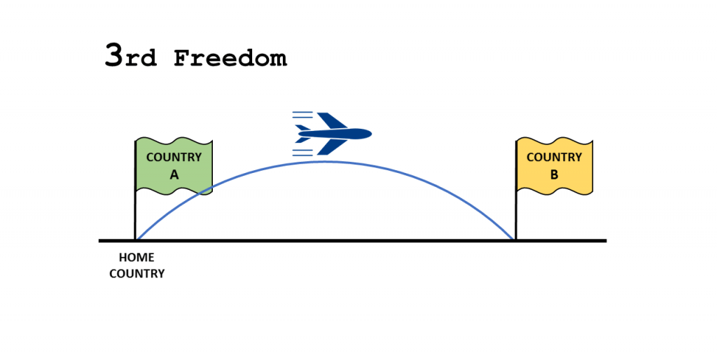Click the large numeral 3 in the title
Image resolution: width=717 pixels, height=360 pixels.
click(x=114, y=55)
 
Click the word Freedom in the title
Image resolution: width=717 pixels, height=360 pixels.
click(x=230, y=58)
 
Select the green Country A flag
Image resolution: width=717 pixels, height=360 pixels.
click(x=174, y=165)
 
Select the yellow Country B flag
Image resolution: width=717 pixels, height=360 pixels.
click(x=555, y=165)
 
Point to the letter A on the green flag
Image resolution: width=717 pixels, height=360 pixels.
click(x=174, y=174)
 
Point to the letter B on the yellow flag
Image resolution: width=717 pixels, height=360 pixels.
click(x=555, y=174)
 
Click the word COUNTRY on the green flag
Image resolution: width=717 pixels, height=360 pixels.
click(x=174, y=158)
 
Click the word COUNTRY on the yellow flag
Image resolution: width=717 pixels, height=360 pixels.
click(x=555, y=158)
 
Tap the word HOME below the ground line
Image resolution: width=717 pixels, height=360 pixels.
click(x=137, y=258)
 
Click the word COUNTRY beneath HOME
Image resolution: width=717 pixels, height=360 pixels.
click(x=137, y=274)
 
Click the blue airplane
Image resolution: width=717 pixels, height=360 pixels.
click(x=332, y=134)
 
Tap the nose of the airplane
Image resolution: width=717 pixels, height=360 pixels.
click(x=371, y=134)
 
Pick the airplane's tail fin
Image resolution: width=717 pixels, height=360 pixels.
click(x=302, y=128)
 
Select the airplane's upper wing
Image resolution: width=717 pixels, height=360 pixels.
click(x=332, y=120)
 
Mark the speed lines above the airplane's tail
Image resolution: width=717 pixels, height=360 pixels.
click(x=302, y=115)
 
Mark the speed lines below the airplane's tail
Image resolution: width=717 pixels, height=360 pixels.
click(x=302, y=153)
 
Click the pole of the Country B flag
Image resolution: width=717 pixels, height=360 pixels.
click(x=516, y=189)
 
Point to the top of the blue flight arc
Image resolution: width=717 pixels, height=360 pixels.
click(x=325, y=162)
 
